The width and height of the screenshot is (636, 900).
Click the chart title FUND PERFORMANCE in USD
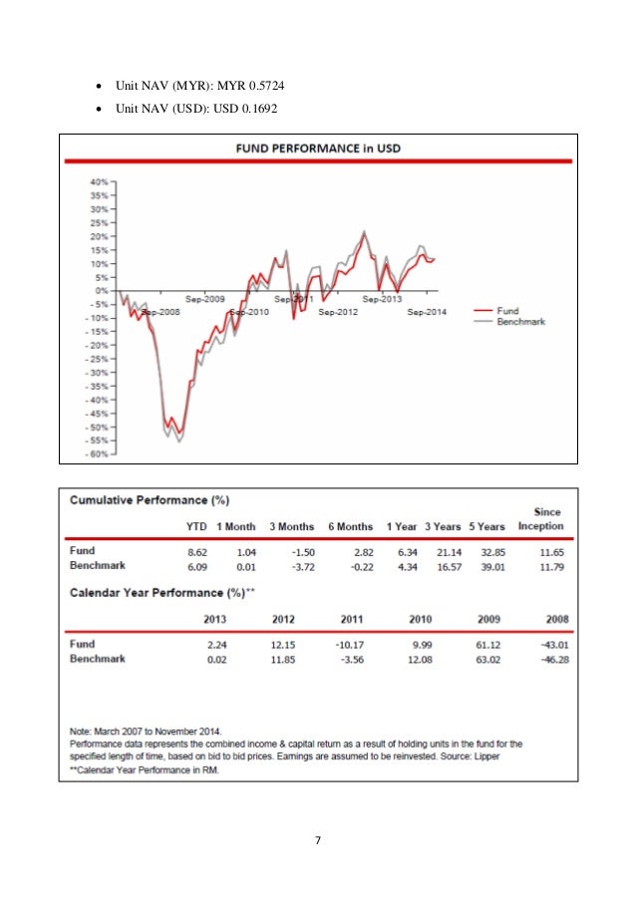pyautogui.click(x=317, y=149)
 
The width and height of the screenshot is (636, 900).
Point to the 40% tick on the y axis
pyautogui.click(x=100, y=182)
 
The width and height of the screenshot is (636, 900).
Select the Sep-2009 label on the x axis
pyautogui.click(x=205, y=298)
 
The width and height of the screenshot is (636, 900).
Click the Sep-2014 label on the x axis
pyautogui.click(x=427, y=312)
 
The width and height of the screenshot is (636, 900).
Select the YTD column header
pyautogui.click(x=196, y=526)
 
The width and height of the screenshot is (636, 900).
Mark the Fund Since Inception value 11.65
pyautogui.click(x=548, y=550)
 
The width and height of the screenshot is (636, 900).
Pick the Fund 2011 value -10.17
pyautogui.click(x=340, y=644)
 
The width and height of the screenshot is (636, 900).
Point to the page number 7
pyautogui.click(x=317, y=841)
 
